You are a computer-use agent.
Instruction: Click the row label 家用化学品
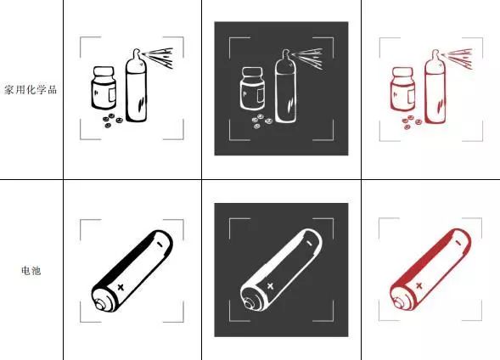click(x=31, y=90)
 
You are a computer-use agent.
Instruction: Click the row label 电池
click(x=31, y=270)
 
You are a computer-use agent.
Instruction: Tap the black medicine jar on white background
click(x=104, y=88)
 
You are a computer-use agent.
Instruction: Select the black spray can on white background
click(x=136, y=86)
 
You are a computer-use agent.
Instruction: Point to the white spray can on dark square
click(x=286, y=86)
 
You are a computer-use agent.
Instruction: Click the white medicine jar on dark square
click(x=253, y=89)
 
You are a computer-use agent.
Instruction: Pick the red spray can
click(x=435, y=87)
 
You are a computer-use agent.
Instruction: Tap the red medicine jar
click(x=402, y=89)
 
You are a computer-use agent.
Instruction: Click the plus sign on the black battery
click(x=121, y=287)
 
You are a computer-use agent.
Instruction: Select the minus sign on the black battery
click(x=160, y=245)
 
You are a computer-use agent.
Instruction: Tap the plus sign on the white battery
click(x=270, y=286)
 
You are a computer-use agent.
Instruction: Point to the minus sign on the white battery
click(x=309, y=244)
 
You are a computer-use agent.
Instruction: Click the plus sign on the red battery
click(x=419, y=285)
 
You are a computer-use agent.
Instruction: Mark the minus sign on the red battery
click(x=458, y=243)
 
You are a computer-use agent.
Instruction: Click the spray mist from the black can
click(x=158, y=58)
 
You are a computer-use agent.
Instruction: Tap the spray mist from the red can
click(x=457, y=59)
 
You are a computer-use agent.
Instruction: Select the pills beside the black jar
click(x=112, y=121)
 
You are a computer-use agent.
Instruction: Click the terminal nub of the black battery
click(x=101, y=304)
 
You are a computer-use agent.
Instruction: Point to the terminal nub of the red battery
click(x=399, y=302)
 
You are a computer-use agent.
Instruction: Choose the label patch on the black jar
click(x=111, y=95)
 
